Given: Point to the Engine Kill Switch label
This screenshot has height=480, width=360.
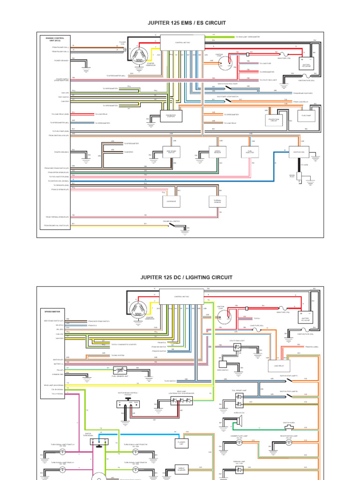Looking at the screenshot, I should (171, 220).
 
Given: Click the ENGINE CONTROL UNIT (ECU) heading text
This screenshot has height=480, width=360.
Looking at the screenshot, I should (55, 38).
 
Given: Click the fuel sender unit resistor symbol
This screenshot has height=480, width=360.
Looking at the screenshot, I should (120, 370).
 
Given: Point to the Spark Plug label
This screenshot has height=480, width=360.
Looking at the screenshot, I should (292, 175).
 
